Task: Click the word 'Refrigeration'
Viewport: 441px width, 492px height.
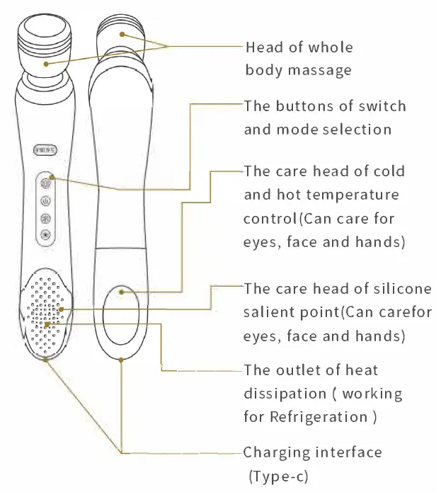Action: (317, 416)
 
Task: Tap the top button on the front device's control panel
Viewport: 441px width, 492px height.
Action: (46, 181)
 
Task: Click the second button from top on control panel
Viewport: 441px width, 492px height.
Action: (46, 200)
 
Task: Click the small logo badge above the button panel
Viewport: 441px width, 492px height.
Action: (47, 149)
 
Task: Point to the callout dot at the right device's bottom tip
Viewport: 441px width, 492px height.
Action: (122, 359)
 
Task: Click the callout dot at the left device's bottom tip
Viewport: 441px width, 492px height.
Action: (46, 359)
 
